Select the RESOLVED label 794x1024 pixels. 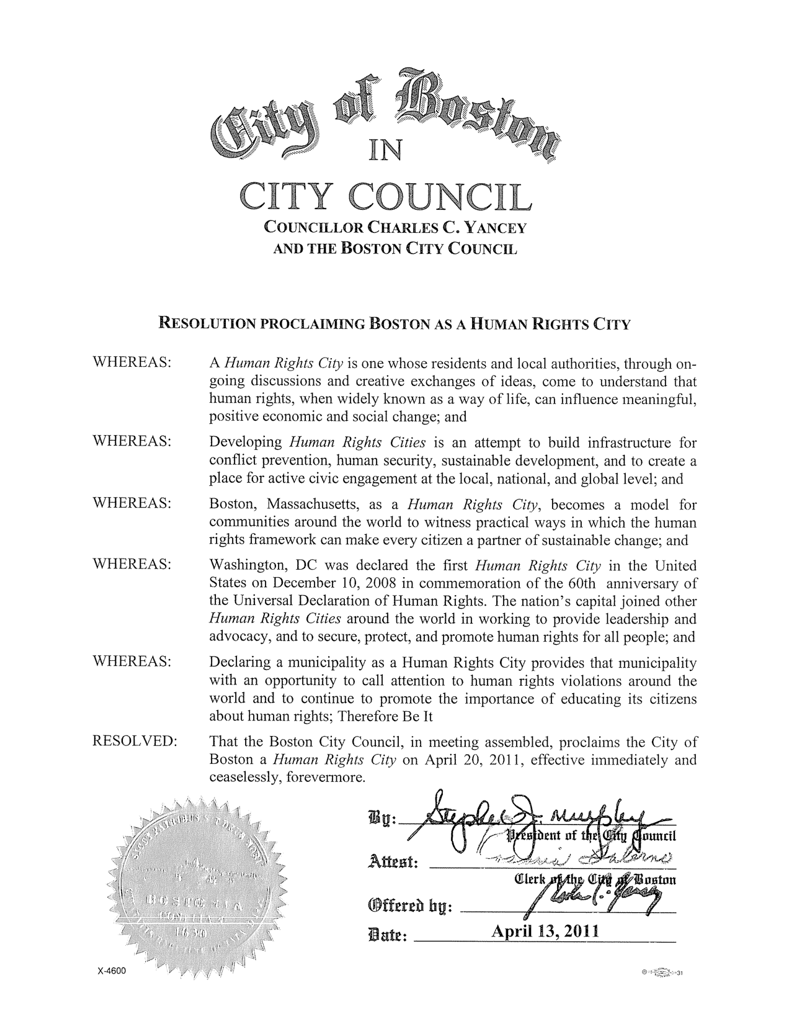coord(134,742)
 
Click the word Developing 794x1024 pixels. coord(246,443)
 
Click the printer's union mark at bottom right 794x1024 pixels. coord(660,989)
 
